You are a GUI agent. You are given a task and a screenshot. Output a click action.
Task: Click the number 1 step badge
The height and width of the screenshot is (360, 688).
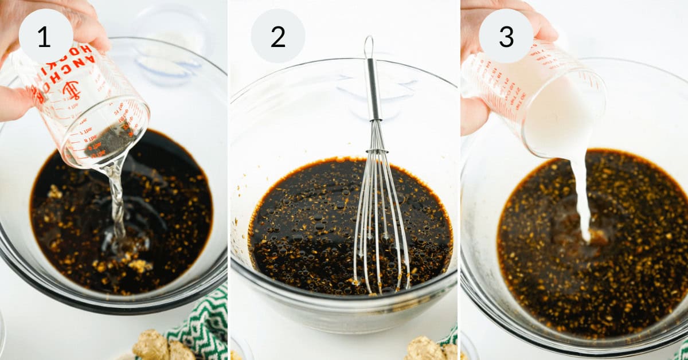[x=45, y=36]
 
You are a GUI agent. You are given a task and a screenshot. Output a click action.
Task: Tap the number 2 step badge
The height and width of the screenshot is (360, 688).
[x=277, y=36]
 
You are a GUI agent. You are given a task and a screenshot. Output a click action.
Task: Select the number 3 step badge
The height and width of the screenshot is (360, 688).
[x=506, y=36]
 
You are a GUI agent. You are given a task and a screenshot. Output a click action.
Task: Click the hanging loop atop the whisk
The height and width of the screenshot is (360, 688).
[x=369, y=46]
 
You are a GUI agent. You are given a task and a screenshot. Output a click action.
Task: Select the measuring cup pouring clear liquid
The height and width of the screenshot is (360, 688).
[x=86, y=109]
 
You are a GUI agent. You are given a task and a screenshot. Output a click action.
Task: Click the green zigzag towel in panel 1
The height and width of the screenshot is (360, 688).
[x=201, y=327]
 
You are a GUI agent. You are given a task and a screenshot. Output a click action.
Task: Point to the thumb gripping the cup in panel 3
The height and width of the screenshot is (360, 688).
[x=475, y=115]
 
